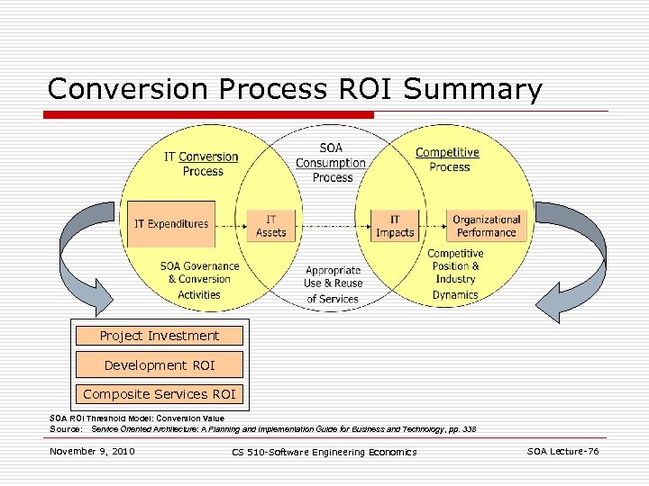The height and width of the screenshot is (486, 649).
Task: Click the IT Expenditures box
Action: point(171,224)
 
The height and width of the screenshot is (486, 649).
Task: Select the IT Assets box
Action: point(270,225)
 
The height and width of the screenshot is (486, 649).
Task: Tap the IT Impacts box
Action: point(395,225)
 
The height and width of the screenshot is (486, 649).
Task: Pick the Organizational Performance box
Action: point(487,225)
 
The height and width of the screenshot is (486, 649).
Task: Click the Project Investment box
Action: point(160,336)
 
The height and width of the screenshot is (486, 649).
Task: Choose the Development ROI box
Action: point(160,365)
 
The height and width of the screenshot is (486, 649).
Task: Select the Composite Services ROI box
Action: point(160,394)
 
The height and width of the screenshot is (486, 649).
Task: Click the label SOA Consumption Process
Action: point(331,163)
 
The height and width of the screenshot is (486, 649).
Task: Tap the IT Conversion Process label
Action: point(201,164)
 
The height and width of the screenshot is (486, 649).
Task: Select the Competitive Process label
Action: point(448,159)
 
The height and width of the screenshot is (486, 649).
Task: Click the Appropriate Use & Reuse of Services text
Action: point(333,283)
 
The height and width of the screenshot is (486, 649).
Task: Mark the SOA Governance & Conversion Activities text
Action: point(199,280)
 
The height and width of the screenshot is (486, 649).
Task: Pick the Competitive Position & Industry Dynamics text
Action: point(455,274)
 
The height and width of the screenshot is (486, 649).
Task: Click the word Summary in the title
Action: point(473,90)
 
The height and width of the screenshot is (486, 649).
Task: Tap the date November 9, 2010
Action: point(92,451)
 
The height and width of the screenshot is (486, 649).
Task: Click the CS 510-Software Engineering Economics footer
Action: point(324,452)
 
